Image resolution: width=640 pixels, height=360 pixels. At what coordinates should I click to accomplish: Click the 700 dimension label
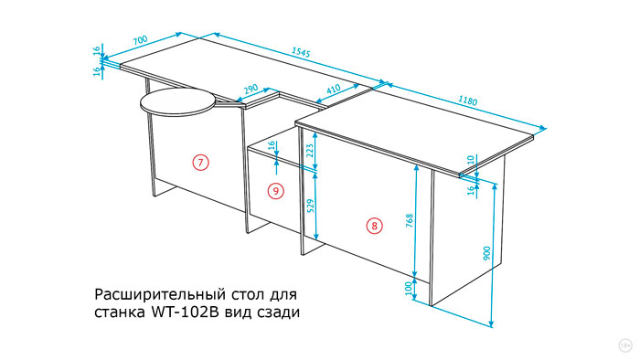pos(140,40)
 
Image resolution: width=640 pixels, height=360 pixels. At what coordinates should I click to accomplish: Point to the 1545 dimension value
pos(301,52)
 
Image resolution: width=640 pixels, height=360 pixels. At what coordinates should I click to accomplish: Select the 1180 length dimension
pos(468,101)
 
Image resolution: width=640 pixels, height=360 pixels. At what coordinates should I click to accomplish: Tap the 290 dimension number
pos(251,89)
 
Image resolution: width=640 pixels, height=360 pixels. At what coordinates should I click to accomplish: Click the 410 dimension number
pos(334,89)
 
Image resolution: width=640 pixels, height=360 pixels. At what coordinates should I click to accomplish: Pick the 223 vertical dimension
pos(310,152)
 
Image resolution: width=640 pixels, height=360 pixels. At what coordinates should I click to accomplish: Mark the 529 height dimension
pos(311,206)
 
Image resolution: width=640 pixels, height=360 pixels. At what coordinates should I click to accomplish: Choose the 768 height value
pos(410,220)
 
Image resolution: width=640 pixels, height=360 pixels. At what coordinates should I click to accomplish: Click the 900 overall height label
pos(486,254)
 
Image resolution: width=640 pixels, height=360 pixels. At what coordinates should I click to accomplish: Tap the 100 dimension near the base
pos(409,289)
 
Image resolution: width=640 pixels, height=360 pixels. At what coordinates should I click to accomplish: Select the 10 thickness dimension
pos(471,159)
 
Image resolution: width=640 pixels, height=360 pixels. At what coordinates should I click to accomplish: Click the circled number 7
pos(200,163)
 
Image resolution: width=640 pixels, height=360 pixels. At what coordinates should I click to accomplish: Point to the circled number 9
pos(276,191)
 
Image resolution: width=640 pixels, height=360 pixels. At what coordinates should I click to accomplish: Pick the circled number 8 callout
pos(375,226)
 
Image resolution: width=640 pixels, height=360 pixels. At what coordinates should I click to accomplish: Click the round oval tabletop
pos(177,101)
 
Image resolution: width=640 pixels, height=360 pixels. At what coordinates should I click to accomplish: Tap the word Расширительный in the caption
pos(160,294)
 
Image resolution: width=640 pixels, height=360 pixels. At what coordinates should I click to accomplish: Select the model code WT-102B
pos(186,312)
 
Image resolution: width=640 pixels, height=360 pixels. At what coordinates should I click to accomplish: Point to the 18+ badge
pos(625,345)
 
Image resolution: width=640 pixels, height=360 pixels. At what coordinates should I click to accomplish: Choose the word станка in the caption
pos(120,313)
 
